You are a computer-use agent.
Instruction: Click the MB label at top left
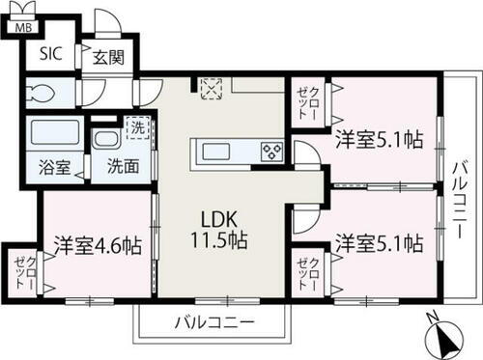tap(20, 27)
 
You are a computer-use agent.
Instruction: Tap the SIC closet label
tap(50, 54)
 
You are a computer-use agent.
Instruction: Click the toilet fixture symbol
tap(44, 95)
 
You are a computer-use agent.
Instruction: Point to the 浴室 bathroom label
tap(52, 167)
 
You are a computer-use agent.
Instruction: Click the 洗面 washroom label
tap(123, 166)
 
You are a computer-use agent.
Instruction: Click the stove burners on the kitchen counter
tap(270, 151)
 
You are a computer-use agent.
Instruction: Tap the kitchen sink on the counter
tap(214, 151)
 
